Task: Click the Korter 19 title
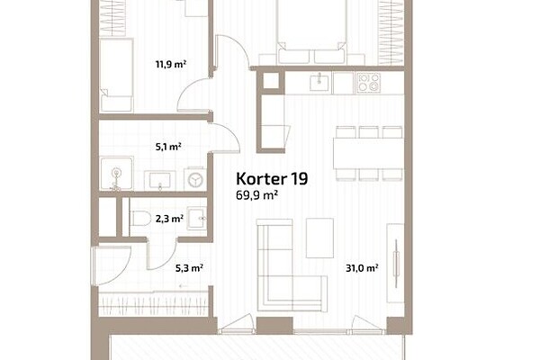tap(272, 179)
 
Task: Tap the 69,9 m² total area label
tap(256, 195)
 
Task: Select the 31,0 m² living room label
tap(363, 268)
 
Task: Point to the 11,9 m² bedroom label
tap(171, 64)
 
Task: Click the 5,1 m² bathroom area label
tap(168, 147)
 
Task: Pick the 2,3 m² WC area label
tap(169, 219)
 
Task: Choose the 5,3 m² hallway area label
tap(189, 268)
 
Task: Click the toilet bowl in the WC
tap(140, 218)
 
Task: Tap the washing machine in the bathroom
tap(195, 178)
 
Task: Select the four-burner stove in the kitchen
tap(369, 83)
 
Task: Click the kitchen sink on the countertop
tap(319, 82)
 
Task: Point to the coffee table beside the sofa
tap(319, 238)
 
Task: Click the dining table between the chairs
tap(368, 153)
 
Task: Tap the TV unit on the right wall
tap(395, 263)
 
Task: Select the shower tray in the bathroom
tap(117, 174)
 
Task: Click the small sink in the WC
tap(196, 219)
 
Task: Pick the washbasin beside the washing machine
tap(160, 180)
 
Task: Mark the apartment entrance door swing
tap(111, 265)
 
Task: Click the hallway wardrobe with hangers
tap(154, 303)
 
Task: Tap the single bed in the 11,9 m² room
tap(116, 76)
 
